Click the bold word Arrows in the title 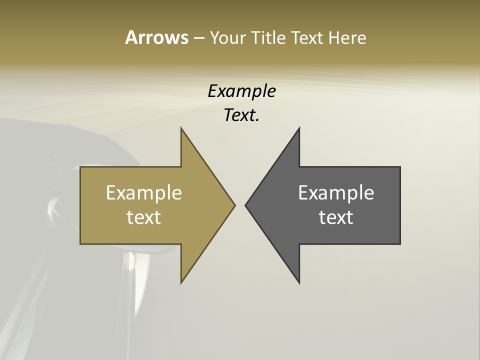pos(156,37)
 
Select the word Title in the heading pos(268,37)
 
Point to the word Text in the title pos(308,37)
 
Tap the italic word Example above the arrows pos(242,91)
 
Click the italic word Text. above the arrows pos(242,115)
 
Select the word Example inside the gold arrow pos(144,192)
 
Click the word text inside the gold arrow pos(144,217)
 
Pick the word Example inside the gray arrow pos(336,192)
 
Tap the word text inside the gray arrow pos(336,217)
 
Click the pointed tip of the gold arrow pos(235,205)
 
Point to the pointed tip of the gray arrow pos(245,205)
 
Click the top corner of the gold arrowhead pos(181,128)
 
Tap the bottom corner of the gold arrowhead pos(181,283)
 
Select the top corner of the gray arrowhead pos(299,128)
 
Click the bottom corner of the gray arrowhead pos(299,283)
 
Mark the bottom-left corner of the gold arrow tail pos(80,244)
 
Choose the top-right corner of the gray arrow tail pos(400,167)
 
